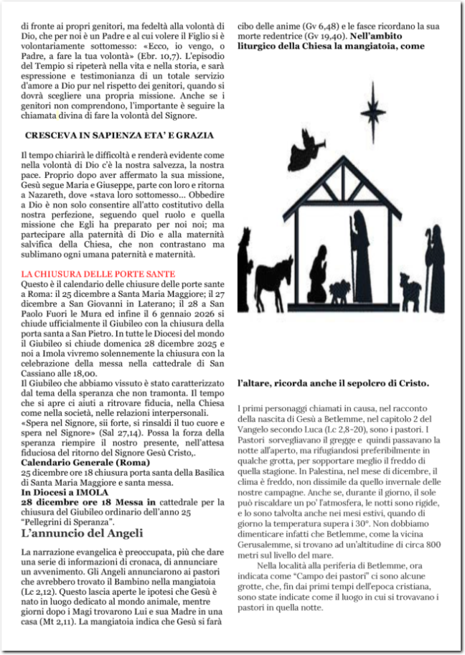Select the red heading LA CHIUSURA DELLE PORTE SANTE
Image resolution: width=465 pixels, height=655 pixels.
tap(98, 273)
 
